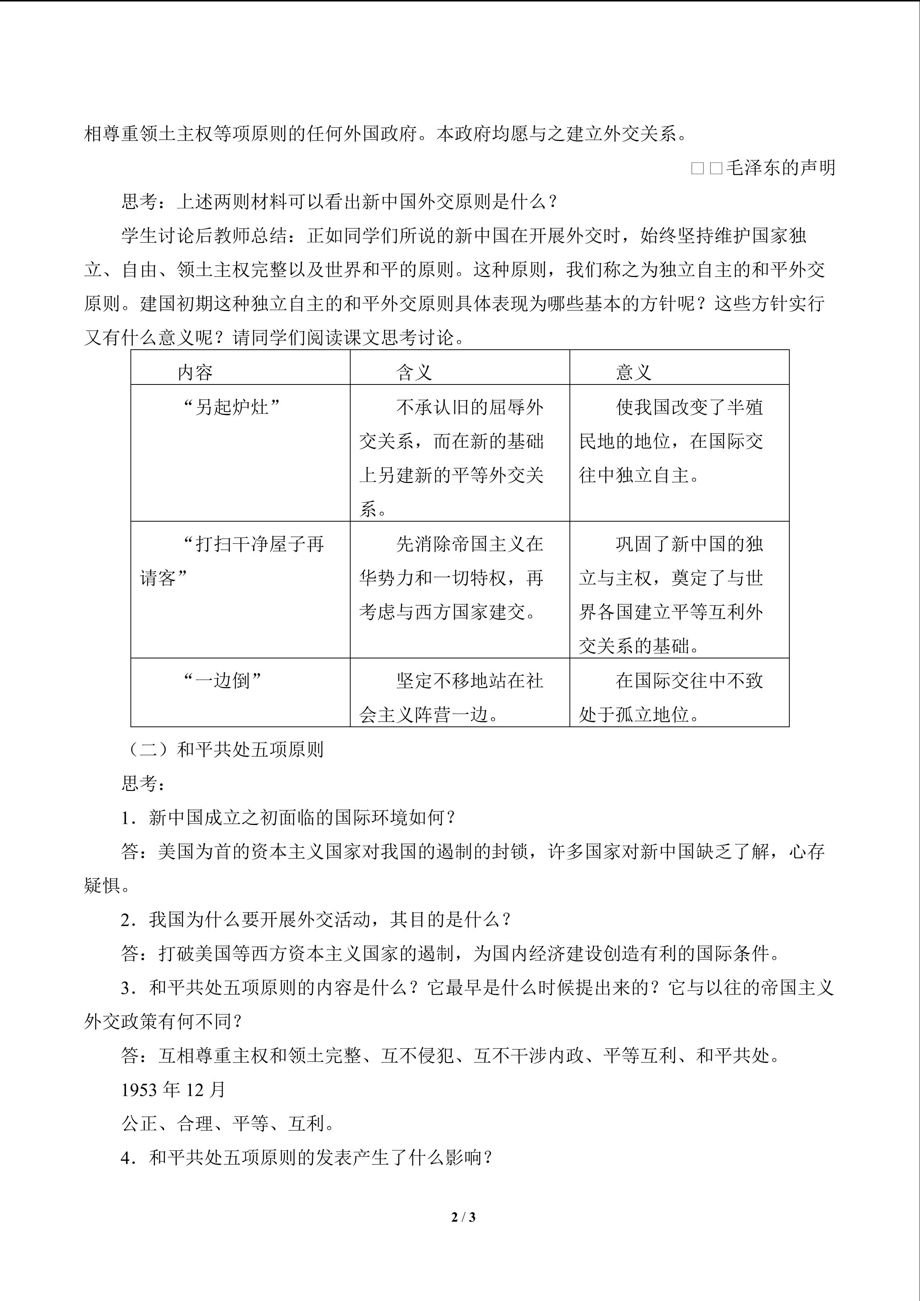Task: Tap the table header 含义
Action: tap(414, 372)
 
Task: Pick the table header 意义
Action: tap(633, 372)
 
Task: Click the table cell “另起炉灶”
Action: tap(232, 407)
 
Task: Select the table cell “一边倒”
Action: tap(223, 680)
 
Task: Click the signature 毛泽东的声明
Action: tap(780, 168)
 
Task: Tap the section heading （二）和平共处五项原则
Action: tap(222, 749)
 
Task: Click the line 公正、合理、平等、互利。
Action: tap(228, 1123)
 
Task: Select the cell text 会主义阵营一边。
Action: tap(429, 714)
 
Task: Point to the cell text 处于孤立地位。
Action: tap(639, 714)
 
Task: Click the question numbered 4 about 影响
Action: tap(306, 1157)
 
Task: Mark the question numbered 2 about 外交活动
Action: tap(316, 919)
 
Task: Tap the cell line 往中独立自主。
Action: tap(639, 475)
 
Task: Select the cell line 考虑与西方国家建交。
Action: tap(447, 612)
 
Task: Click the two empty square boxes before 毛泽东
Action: tap(706, 168)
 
